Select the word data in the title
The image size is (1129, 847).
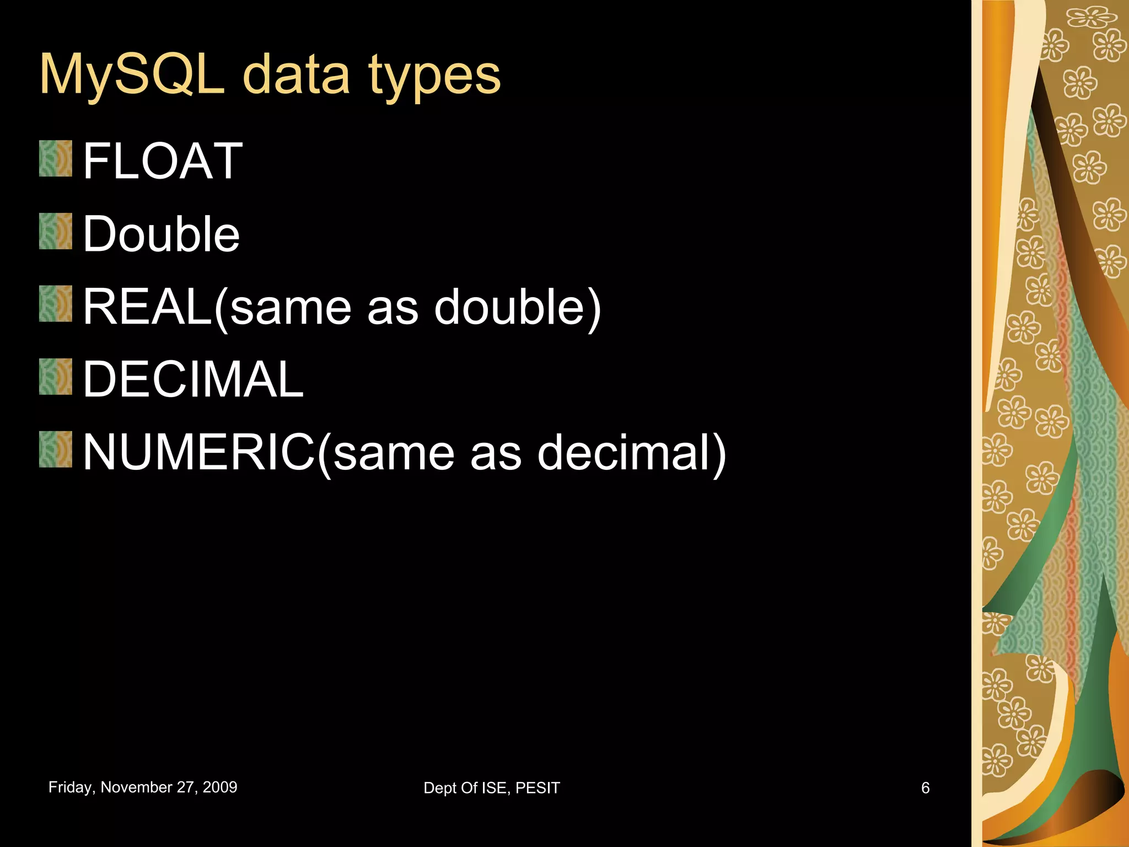(296, 74)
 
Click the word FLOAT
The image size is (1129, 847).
(163, 161)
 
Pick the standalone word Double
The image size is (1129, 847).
(162, 234)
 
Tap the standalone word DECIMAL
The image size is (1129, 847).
(193, 379)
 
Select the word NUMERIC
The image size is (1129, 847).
(199, 452)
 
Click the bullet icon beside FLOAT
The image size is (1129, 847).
(56, 159)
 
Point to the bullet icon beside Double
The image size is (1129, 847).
(56, 232)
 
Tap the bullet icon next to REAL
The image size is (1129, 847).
(56, 304)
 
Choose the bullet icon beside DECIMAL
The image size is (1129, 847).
(56, 377)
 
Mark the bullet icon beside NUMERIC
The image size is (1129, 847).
(56, 449)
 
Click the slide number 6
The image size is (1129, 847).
(926, 788)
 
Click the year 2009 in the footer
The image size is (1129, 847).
(220, 787)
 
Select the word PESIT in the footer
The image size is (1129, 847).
(537, 788)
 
